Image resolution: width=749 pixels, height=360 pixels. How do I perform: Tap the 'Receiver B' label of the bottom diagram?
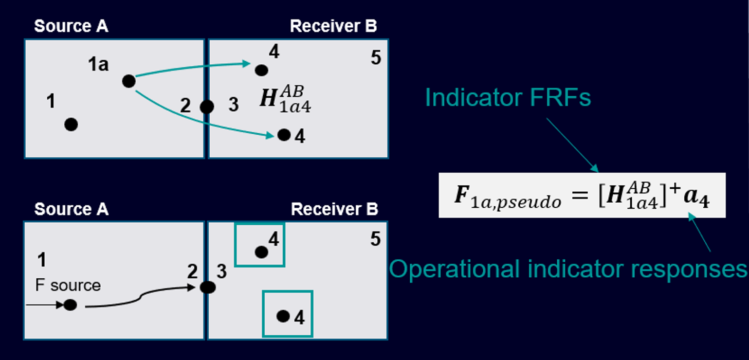tap(335, 209)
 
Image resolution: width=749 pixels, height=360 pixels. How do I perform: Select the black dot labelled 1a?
tap(129, 81)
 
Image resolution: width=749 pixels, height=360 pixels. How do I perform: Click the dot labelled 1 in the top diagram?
tap(71, 124)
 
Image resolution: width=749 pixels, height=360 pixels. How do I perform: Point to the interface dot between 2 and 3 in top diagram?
tap(207, 107)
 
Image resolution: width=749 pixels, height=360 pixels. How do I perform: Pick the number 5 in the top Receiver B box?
tap(376, 58)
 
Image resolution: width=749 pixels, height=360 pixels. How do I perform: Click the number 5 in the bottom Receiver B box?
tap(376, 239)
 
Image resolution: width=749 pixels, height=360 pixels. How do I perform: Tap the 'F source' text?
tap(68, 285)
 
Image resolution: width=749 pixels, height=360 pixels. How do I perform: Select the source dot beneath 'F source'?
tap(70, 305)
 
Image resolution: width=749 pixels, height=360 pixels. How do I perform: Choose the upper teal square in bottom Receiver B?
tap(260, 245)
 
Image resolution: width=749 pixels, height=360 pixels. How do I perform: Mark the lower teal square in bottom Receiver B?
tap(287, 314)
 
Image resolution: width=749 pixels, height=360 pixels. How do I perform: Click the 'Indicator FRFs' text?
tap(508, 98)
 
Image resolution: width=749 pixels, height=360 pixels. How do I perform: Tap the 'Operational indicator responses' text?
tap(568, 268)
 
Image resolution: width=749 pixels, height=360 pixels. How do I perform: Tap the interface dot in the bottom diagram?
tap(207, 287)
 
